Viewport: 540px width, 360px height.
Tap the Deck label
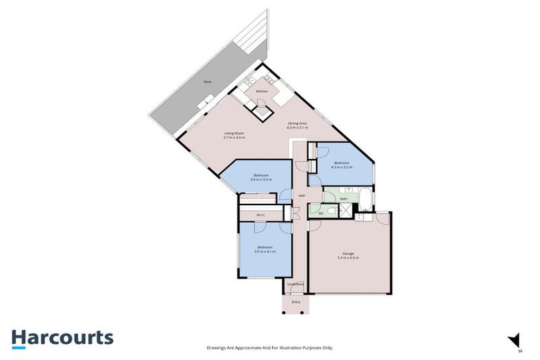pos(207,82)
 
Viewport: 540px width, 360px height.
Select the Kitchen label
pos(262,91)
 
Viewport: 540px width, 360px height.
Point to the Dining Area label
pos(297,123)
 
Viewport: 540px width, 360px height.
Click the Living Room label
pos(233,133)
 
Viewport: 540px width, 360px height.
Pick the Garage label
pos(349,253)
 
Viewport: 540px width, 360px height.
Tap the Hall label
pos(301,195)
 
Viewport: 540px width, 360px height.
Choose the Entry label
pos(296,302)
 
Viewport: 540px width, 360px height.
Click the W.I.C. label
pos(260,214)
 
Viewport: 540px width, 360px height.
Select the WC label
pos(321,212)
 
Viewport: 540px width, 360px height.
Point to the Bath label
pos(343,199)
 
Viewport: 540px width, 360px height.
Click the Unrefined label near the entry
pos(295,284)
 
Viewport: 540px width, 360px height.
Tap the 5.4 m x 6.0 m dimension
pos(349,258)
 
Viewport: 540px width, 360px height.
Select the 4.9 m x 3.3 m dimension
pos(261,179)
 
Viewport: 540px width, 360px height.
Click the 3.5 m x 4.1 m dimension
pos(264,251)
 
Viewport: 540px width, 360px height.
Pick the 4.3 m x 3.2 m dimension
pos(342,167)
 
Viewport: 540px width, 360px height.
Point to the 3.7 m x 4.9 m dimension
pos(233,137)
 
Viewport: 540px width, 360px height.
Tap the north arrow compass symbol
pos(517,340)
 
